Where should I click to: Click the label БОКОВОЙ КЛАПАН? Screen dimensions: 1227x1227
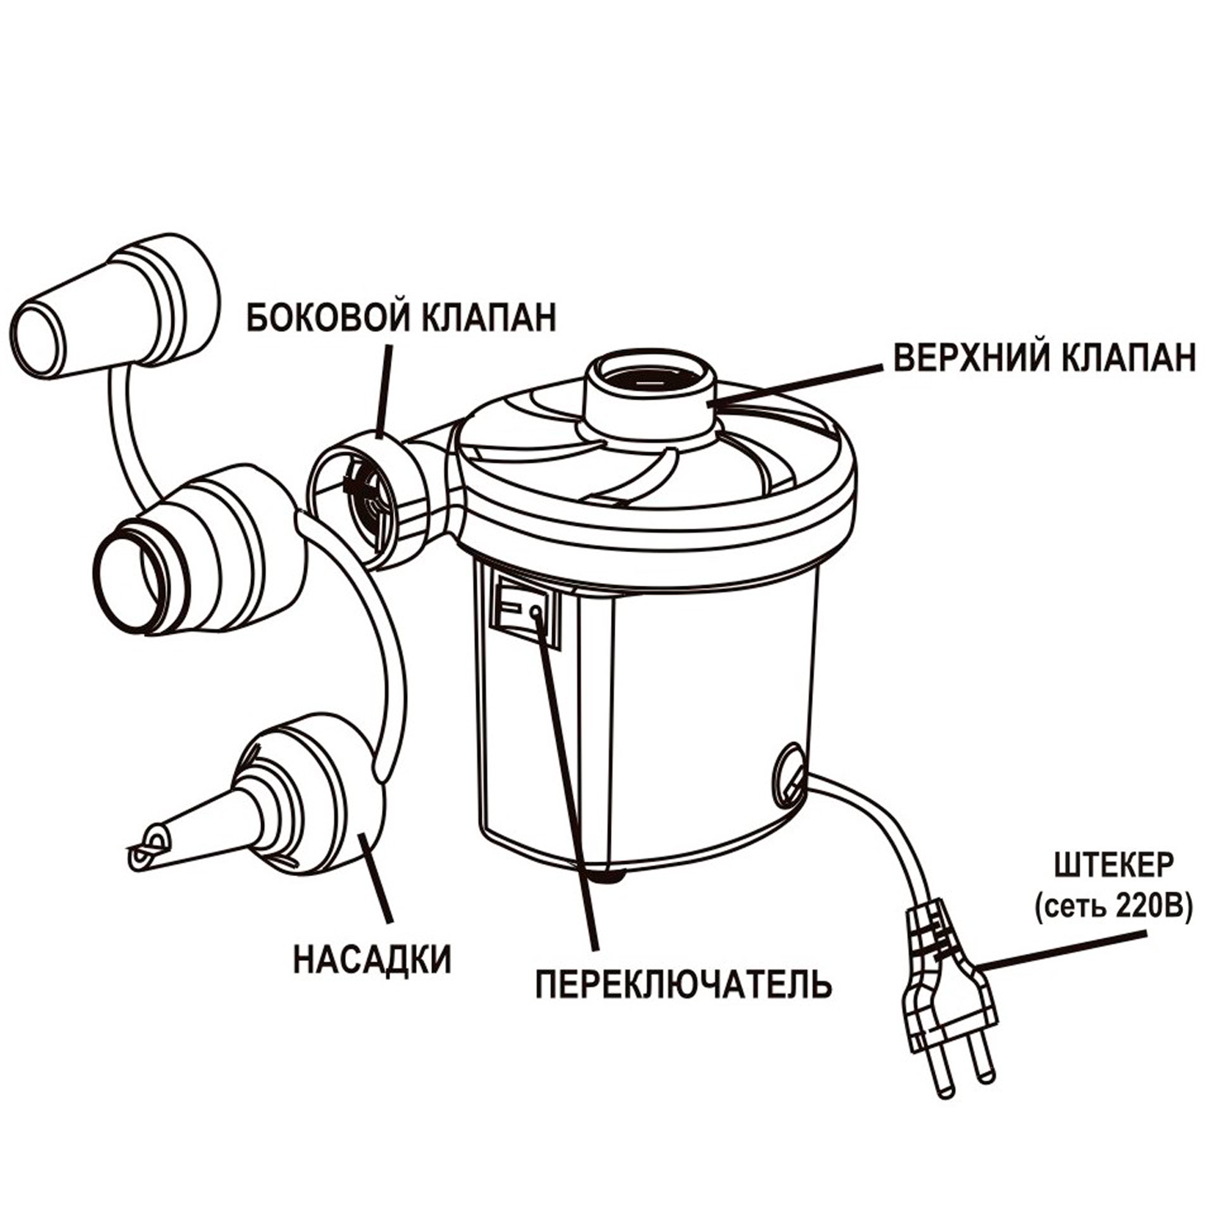tap(401, 317)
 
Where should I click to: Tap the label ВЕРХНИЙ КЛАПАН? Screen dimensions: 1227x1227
tap(1045, 357)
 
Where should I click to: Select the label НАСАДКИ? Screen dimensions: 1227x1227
tap(372, 959)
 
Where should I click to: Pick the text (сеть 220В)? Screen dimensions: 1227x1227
tap(1112, 908)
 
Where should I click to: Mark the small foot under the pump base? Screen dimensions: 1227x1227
tap(609, 878)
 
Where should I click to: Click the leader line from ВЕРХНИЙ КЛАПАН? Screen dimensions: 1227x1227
tap(802, 384)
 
